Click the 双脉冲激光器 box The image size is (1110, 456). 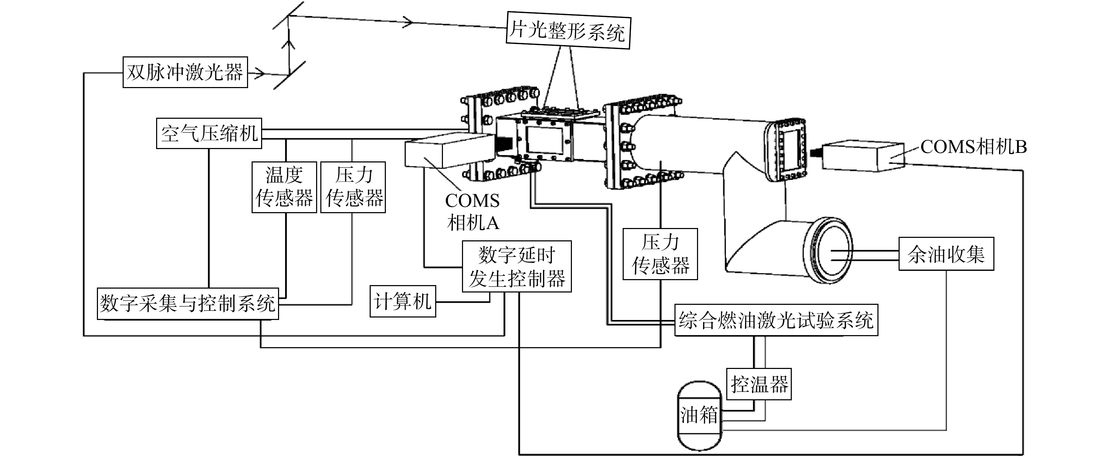click(185, 72)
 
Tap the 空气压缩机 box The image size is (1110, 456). click(209, 134)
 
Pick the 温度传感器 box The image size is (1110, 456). click(284, 187)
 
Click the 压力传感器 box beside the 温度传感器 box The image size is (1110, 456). click(353, 187)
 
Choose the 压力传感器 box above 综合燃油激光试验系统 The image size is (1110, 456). click(660, 254)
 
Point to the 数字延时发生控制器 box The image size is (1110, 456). click(517, 266)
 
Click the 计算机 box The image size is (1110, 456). click(403, 301)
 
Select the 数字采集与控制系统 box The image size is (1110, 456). click(188, 303)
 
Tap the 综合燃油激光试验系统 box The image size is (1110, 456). click(776, 320)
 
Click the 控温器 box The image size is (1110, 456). click(759, 384)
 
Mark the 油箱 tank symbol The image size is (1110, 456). click(699, 415)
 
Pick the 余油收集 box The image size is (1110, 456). click(946, 254)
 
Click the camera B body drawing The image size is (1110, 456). click(863, 156)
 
